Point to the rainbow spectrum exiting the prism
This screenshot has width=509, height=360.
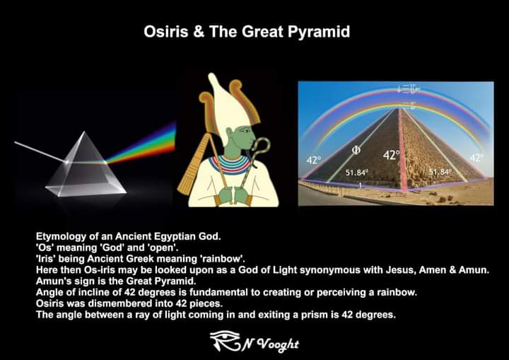(148, 141)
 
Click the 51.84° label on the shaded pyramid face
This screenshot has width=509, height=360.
(357, 172)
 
